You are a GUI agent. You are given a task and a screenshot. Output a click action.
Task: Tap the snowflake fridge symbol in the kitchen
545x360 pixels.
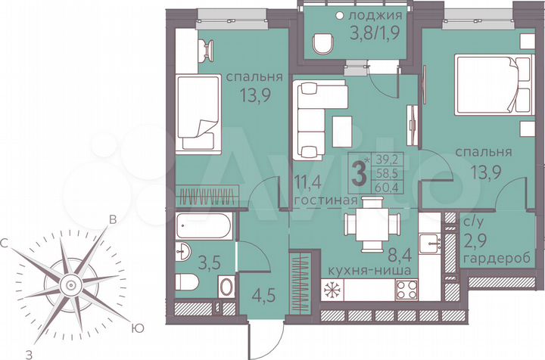click(332, 289)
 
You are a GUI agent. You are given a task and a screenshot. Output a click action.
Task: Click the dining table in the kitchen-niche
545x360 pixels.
click(372, 224)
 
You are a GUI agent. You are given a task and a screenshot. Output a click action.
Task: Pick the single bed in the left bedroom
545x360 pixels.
click(198, 113)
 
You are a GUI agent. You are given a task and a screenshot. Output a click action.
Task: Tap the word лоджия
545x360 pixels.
click(371, 14)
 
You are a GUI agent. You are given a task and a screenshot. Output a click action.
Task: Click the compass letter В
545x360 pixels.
click(112, 220)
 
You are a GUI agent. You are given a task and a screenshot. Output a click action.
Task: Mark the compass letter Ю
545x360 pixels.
click(137, 328)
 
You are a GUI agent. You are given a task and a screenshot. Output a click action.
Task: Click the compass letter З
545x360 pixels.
click(29, 352)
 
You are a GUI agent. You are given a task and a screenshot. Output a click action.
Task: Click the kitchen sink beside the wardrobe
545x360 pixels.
click(433, 244)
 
